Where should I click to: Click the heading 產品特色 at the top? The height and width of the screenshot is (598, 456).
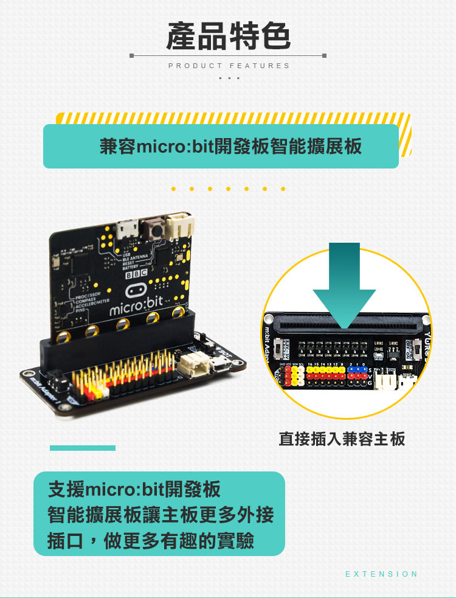click(x=228, y=35)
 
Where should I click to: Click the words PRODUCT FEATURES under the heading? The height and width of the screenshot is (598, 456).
click(x=229, y=66)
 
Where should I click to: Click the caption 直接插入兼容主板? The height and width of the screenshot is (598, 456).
click(x=342, y=439)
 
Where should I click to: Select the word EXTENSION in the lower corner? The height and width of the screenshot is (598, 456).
click(x=381, y=574)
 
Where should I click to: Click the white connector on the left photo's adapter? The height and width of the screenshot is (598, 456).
click(x=191, y=364)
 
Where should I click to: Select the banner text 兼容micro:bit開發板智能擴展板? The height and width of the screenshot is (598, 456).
click(x=230, y=147)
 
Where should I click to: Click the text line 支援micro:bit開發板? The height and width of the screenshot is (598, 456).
click(x=134, y=489)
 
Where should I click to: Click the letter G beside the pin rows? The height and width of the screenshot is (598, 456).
click(x=370, y=383)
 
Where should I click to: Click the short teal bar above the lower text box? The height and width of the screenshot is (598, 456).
click(x=83, y=448)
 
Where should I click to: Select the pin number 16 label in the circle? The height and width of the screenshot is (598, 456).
click(x=310, y=364)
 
